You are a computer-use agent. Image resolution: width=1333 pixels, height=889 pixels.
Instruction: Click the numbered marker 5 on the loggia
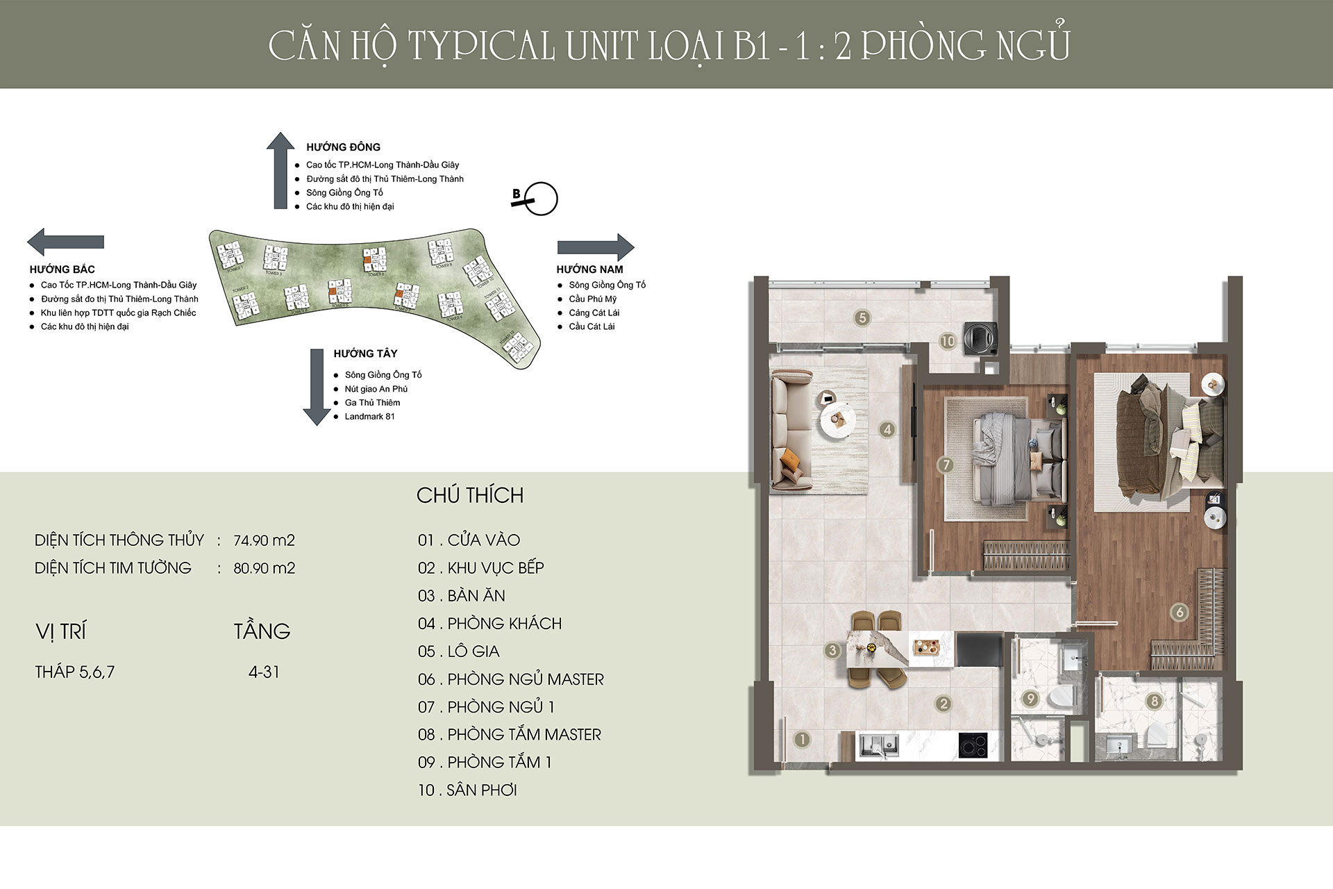[862, 318]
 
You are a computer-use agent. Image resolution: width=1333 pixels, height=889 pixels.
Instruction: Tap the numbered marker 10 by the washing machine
[948, 341]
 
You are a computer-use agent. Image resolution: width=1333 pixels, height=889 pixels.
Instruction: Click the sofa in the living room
[791, 431]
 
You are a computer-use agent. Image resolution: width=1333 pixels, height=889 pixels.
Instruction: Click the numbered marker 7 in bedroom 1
[945, 465]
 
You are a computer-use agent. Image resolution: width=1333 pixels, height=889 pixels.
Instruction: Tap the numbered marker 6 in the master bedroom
[1179, 612]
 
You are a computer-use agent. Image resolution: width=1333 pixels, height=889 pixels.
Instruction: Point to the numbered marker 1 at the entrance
[802, 739]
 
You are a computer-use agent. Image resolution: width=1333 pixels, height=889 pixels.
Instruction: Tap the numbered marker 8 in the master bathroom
[1154, 701]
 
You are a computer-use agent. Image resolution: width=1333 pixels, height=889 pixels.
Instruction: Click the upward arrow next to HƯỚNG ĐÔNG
[280, 170]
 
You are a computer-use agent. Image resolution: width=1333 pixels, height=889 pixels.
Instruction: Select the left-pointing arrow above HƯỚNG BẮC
[65, 242]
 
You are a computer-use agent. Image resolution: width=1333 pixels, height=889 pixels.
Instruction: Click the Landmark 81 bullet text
[369, 417]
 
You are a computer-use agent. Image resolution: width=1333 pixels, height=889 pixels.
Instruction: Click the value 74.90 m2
[264, 540]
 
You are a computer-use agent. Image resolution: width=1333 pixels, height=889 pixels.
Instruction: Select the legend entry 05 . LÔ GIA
[458, 651]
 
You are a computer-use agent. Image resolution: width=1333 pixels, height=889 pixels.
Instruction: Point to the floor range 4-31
[264, 672]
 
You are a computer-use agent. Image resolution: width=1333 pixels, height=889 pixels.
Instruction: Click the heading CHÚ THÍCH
[470, 495]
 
